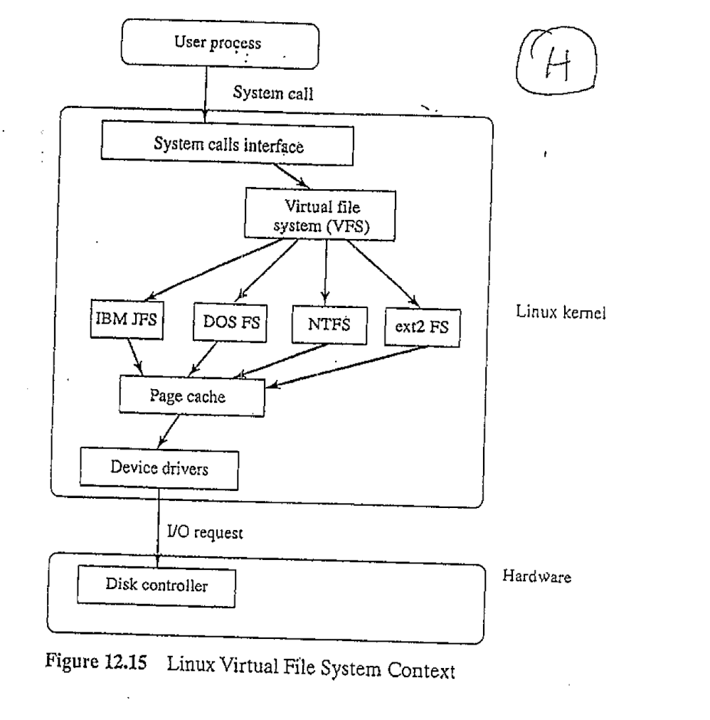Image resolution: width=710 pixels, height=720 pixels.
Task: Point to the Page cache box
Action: point(192,396)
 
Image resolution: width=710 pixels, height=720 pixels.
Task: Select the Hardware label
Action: point(538,576)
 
